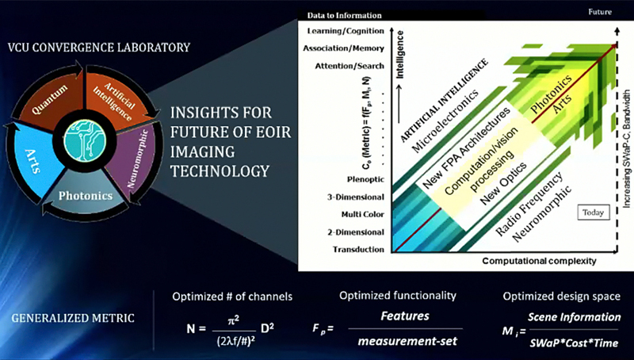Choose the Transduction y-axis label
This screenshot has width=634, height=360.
point(359,249)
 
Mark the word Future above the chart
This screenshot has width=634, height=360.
point(602,13)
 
